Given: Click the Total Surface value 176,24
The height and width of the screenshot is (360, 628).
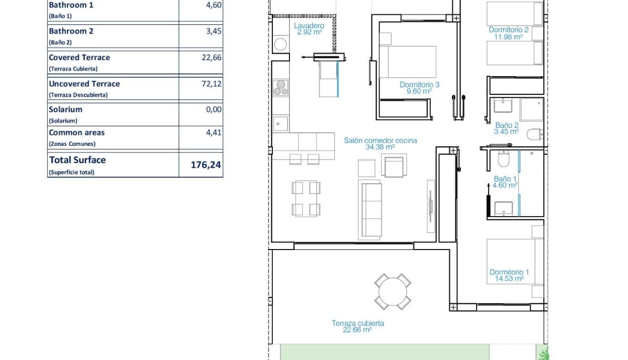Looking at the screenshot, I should pos(206,165).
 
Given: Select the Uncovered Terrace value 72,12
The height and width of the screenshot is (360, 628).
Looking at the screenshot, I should pos(211,84).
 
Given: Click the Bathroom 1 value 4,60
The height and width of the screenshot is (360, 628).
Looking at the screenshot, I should pos(213,5).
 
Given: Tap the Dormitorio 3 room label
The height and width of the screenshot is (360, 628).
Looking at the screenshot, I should pos(419,88).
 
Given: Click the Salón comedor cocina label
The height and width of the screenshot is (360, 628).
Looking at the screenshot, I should pos(380,144).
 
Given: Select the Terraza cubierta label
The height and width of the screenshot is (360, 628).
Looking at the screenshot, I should pos(358,326).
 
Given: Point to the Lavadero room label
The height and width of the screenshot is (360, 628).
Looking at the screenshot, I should pos(309,29).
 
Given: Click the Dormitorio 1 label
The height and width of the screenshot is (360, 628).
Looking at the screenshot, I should pos(509,275).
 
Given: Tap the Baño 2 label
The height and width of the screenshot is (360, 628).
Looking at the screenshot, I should pos(507,129).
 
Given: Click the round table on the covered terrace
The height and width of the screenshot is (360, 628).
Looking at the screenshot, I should pos(393,291).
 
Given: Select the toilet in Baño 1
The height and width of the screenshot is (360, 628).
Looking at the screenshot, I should pos(503,160).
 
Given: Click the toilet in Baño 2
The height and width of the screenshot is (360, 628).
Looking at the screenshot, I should pos(535,134).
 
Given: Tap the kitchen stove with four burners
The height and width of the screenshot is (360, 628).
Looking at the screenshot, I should pos(280,88).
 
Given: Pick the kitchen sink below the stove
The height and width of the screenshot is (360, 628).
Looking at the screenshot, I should pos(280,123).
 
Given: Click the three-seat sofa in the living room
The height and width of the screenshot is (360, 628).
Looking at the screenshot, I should pos(370,210).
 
